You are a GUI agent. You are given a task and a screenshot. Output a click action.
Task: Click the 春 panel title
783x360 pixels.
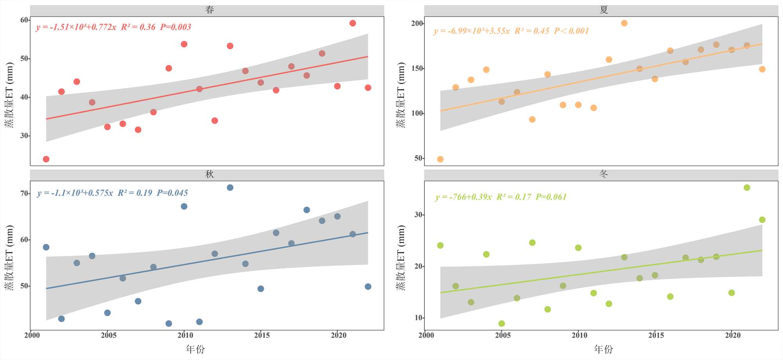coord(209,10)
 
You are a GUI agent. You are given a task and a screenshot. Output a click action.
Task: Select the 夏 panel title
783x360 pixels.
coord(604,10)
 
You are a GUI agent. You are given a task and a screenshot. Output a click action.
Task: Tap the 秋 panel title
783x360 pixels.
coord(209,174)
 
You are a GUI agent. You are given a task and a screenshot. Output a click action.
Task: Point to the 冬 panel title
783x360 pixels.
coord(604,174)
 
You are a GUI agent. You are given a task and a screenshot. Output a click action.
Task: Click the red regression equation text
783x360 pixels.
coord(114,27)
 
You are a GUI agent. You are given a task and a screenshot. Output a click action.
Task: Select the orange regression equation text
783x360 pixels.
coord(511,31)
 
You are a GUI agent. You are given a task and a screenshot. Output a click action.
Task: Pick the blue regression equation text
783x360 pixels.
coord(112,193)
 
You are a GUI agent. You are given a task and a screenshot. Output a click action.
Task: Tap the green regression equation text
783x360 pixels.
coord(501,197)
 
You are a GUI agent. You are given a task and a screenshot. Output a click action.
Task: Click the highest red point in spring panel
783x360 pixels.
coord(352,23)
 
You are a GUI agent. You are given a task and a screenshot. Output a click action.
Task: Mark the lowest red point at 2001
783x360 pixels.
coord(46,159)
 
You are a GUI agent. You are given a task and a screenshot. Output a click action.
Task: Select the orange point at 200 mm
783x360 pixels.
coord(624,23)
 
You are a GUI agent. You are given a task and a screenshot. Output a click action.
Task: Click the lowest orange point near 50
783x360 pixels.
coord(440,159)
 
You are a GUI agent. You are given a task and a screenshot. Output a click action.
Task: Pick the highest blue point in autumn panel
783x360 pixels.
coord(230,188)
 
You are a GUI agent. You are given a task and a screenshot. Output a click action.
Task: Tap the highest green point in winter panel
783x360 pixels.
coord(747,188)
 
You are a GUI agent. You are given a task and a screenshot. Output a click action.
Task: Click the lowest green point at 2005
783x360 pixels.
coord(502,324)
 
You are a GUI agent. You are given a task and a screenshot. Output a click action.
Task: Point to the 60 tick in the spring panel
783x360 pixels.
coord(24,20)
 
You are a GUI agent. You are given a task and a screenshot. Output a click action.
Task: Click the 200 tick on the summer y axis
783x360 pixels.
coord(417,24)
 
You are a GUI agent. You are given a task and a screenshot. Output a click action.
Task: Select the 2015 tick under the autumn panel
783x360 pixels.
coord(262,335)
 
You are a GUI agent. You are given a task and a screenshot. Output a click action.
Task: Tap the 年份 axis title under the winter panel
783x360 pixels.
coord(603,349)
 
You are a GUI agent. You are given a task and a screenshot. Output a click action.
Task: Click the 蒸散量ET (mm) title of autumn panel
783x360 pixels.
coord(9,257)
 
